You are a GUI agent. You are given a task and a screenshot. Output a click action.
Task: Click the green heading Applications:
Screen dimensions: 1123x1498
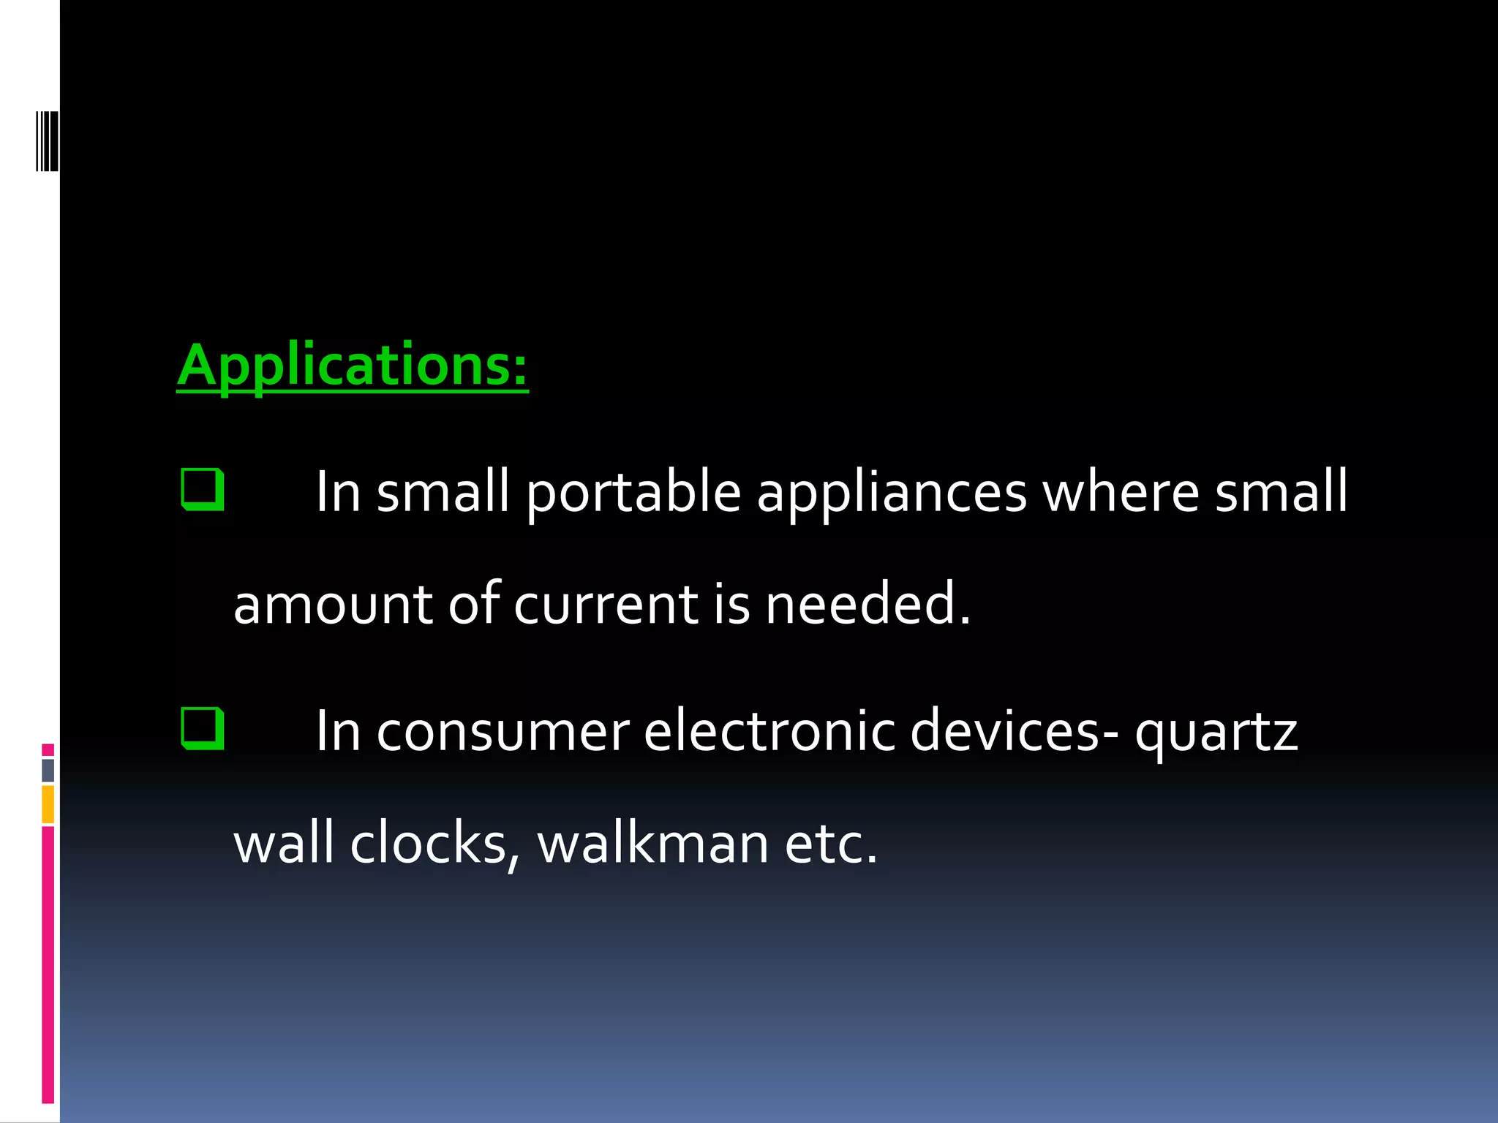352,365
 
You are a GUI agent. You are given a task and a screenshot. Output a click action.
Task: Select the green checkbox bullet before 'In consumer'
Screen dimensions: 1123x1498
202,728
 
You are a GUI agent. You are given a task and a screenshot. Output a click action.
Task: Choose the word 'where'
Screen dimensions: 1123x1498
1121,491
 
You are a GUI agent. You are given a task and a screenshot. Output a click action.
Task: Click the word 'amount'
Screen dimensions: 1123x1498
333,605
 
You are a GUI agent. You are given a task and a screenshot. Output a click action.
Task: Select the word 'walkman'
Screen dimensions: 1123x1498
653,842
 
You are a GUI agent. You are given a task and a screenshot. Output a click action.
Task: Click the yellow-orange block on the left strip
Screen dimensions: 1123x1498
48,804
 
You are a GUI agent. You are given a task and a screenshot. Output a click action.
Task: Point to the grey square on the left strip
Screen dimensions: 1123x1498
48,770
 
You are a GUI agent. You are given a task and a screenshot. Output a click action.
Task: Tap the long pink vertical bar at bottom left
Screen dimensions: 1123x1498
48,965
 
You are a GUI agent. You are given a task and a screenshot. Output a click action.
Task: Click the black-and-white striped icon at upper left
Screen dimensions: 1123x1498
48,140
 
